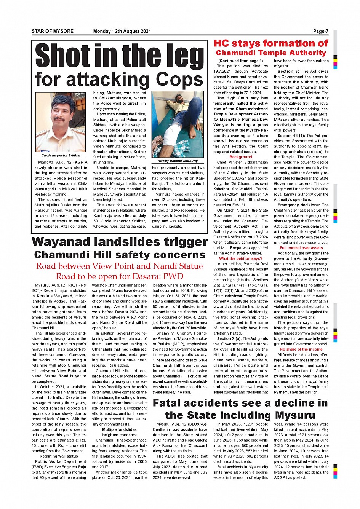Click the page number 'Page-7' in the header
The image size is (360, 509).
320,31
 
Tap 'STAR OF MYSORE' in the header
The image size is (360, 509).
52,31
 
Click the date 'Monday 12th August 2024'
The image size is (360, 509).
122,31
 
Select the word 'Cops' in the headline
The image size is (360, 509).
179,80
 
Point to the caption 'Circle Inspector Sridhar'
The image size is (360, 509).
61,155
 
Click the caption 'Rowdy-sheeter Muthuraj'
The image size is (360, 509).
178,161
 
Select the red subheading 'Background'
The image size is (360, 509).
240,157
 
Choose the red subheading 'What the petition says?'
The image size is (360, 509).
240,258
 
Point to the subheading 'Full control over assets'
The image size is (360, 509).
301,248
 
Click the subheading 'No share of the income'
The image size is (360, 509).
301,349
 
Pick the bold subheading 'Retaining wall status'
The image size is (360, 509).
59,456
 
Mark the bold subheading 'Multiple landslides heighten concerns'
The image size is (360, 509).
119,432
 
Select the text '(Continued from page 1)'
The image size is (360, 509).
240,61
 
